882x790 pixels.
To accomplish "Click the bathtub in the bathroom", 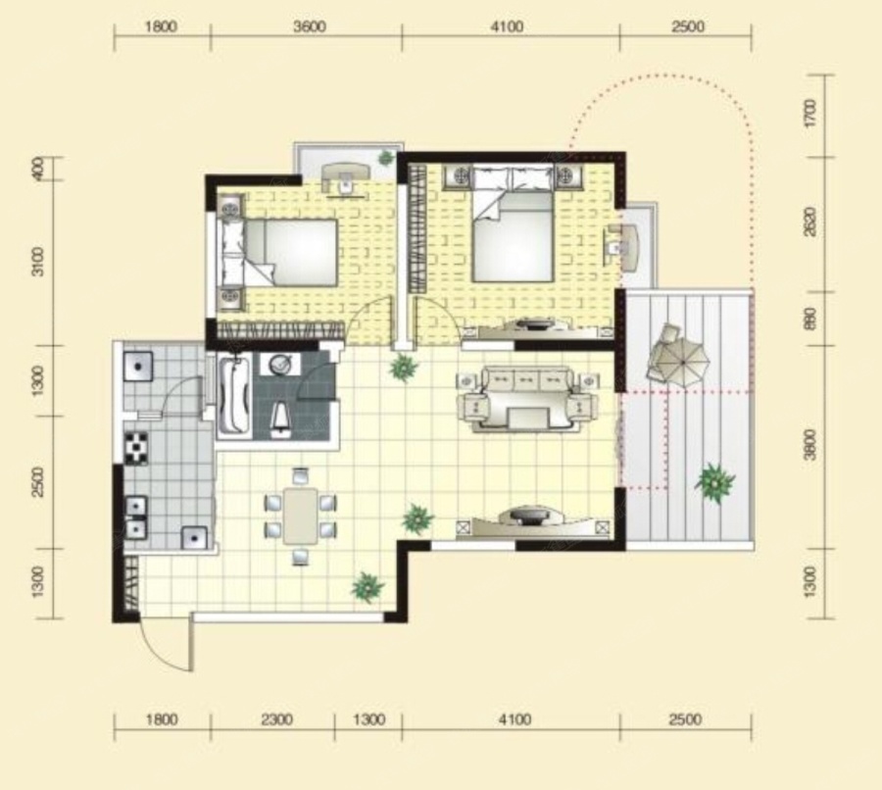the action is point(233,395).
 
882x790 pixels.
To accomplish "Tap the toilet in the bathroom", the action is point(280,420).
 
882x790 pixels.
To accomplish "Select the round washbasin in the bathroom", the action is point(280,365).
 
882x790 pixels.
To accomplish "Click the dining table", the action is point(301,516).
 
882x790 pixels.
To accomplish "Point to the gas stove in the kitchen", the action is point(135,448).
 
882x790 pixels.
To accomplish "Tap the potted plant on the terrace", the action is point(714,482).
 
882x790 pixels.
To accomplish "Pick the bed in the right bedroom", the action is point(512,225).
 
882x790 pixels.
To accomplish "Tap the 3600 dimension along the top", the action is point(310,27).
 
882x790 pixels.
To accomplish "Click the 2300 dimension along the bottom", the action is point(276,719).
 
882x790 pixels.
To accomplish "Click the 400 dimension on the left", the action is point(37,169).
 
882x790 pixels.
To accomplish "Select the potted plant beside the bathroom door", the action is point(404,368).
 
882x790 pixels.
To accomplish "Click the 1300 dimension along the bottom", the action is point(369,719).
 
